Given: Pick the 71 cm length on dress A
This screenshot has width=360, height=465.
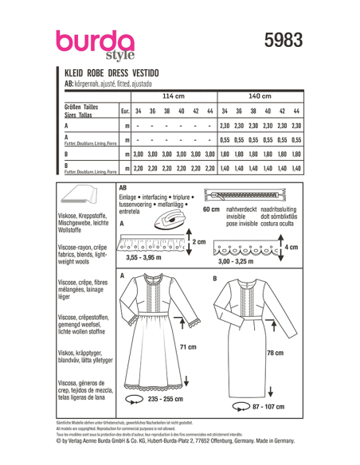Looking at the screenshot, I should point(188,347).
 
